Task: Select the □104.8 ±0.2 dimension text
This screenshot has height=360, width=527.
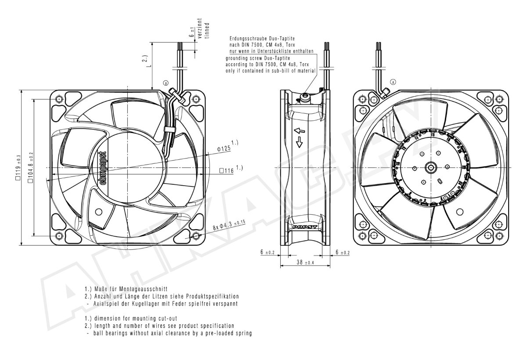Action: (31, 167)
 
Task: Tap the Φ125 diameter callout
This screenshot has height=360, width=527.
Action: (227, 146)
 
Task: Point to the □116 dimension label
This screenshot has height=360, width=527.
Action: (231, 169)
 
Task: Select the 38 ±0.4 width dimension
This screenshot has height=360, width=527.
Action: (305, 262)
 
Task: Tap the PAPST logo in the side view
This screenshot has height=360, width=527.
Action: (305, 227)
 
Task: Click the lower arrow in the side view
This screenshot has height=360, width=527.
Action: (299, 142)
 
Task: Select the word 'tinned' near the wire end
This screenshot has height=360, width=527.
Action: (207, 30)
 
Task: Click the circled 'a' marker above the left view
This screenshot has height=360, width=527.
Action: (166, 83)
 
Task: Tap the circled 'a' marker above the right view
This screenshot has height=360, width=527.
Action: (393, 82)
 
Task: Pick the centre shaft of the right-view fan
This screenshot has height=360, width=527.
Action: (431, 167)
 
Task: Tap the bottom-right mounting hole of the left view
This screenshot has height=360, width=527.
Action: (196, 236)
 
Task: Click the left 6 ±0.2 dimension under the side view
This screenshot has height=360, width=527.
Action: (267, 252)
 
